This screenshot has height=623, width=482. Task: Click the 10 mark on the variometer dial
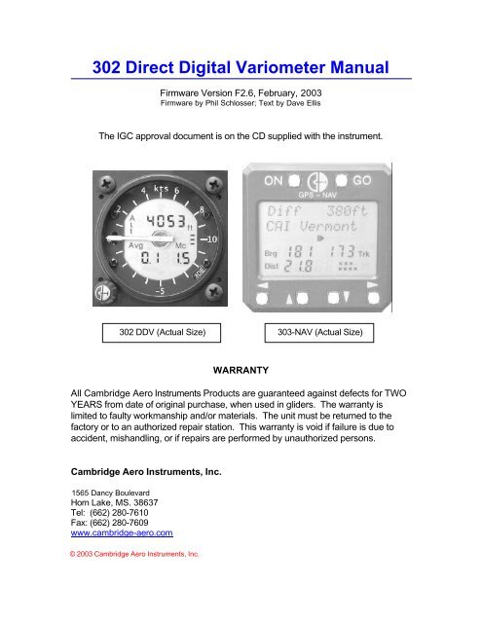click(209, 238)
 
